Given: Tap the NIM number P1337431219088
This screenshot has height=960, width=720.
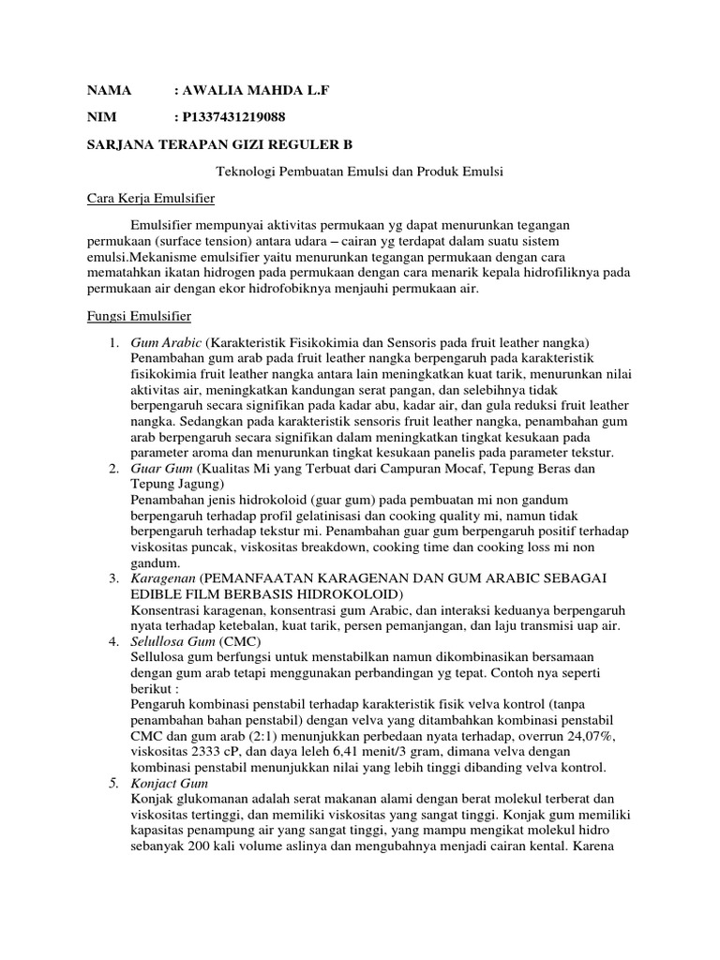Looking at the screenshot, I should (x=238, y=117).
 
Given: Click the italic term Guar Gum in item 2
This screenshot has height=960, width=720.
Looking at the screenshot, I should (x=161, y=468).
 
